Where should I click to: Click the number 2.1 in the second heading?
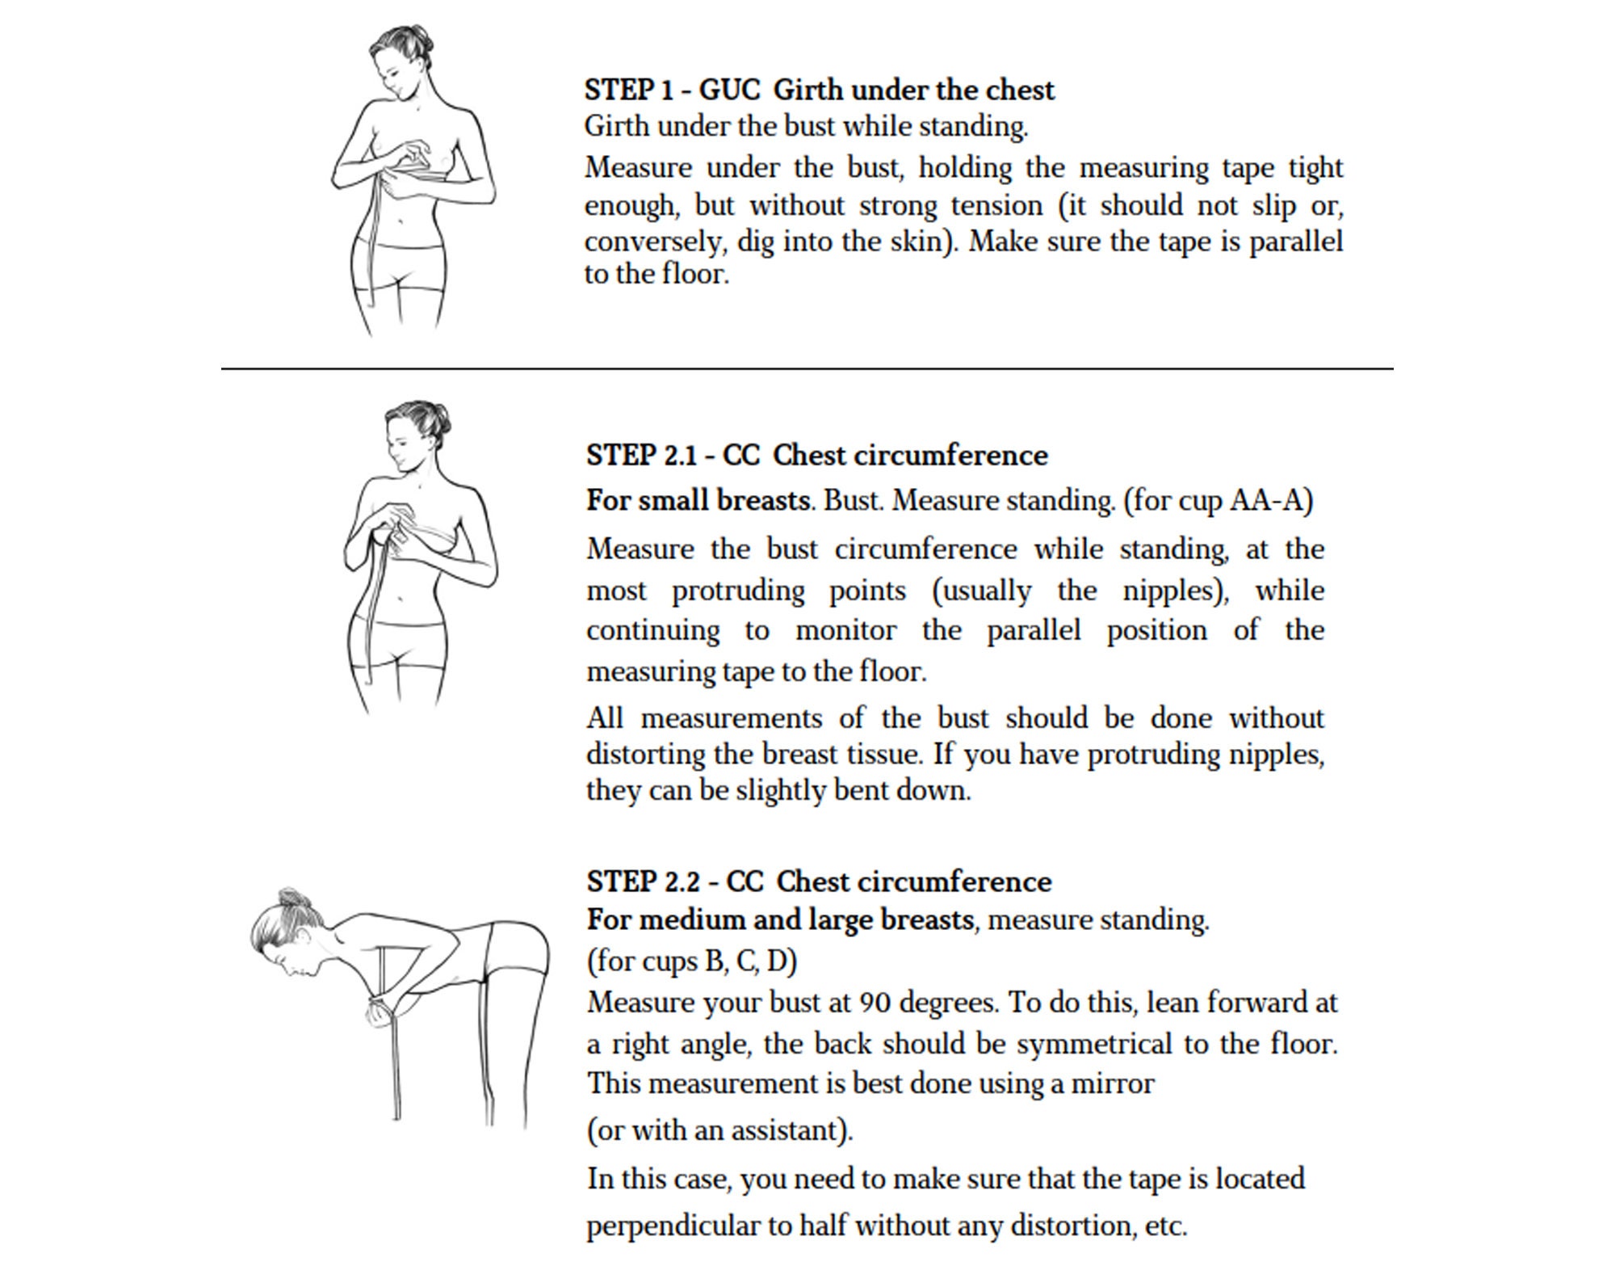680,456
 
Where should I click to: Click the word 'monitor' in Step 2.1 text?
845,630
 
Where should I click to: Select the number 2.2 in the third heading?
683,881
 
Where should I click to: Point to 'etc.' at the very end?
1166,1226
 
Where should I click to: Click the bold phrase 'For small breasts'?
698,501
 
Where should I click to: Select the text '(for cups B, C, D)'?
692,961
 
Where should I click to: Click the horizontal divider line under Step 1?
807,368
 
